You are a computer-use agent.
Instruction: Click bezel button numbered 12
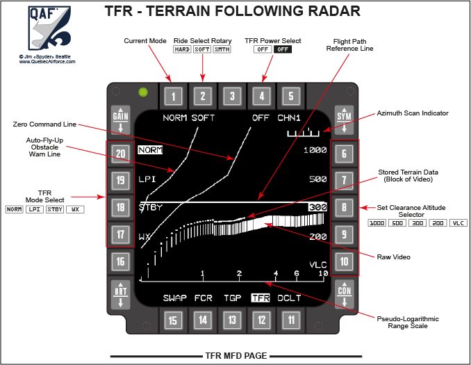click(x=261, y=320)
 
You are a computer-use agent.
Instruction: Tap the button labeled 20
click(x=122, y=154)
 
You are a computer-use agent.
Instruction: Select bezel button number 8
click(x=344, y=207)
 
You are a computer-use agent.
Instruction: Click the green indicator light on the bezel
click(x=143, y=91)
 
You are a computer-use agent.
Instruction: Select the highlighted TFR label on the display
click(x=261, y=298)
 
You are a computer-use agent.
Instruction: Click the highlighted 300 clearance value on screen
click(x=317, y=207)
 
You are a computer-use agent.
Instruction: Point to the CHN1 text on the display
click(x=289, y=118)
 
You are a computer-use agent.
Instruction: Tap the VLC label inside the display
click(x=317, y=265)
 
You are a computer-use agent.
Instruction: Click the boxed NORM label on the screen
click(x=150, y=149)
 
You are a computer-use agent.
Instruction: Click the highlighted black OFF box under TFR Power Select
click(x=283, y=49)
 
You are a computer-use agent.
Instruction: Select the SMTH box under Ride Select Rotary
click(x=222, y=49)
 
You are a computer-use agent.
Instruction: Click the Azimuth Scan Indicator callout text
click(x=413, y=113)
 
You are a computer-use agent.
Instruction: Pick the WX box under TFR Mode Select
click(x=75, y=209)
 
